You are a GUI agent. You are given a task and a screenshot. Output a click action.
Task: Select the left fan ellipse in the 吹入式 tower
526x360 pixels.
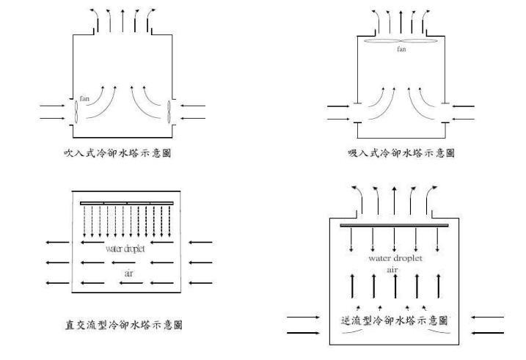[x=76, y=114]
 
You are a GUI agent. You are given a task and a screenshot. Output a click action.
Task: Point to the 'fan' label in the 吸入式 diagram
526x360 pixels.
[x=401, y=49]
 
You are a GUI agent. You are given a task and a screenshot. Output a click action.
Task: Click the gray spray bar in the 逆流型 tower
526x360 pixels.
[x=396, y=224]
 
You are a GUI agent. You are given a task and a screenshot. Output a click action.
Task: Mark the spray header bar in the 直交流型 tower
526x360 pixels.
[x=127, y=202]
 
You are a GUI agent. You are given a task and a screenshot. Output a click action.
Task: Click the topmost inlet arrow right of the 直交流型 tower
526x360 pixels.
[x=202, y=241]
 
